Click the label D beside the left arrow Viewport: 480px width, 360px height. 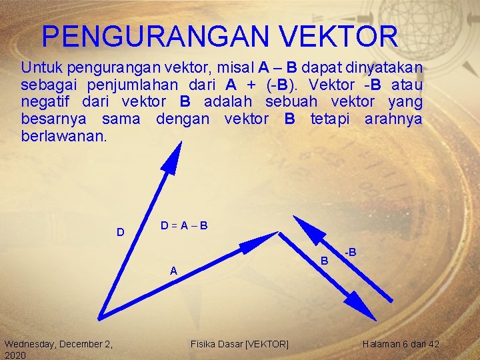[x=120, y=233]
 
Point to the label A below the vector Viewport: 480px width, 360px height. [x=173, y=271]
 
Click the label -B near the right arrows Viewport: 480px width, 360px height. [x=350, y=253]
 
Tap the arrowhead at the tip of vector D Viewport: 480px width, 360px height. [x=175, y=159]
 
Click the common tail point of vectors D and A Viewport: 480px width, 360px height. [x=99, y=317]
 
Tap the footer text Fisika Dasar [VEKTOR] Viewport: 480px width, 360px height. [x=239, y=344]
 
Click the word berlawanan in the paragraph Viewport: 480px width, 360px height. [x=63, y=136]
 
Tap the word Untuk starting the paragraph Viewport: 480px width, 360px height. [x=39, y=67]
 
